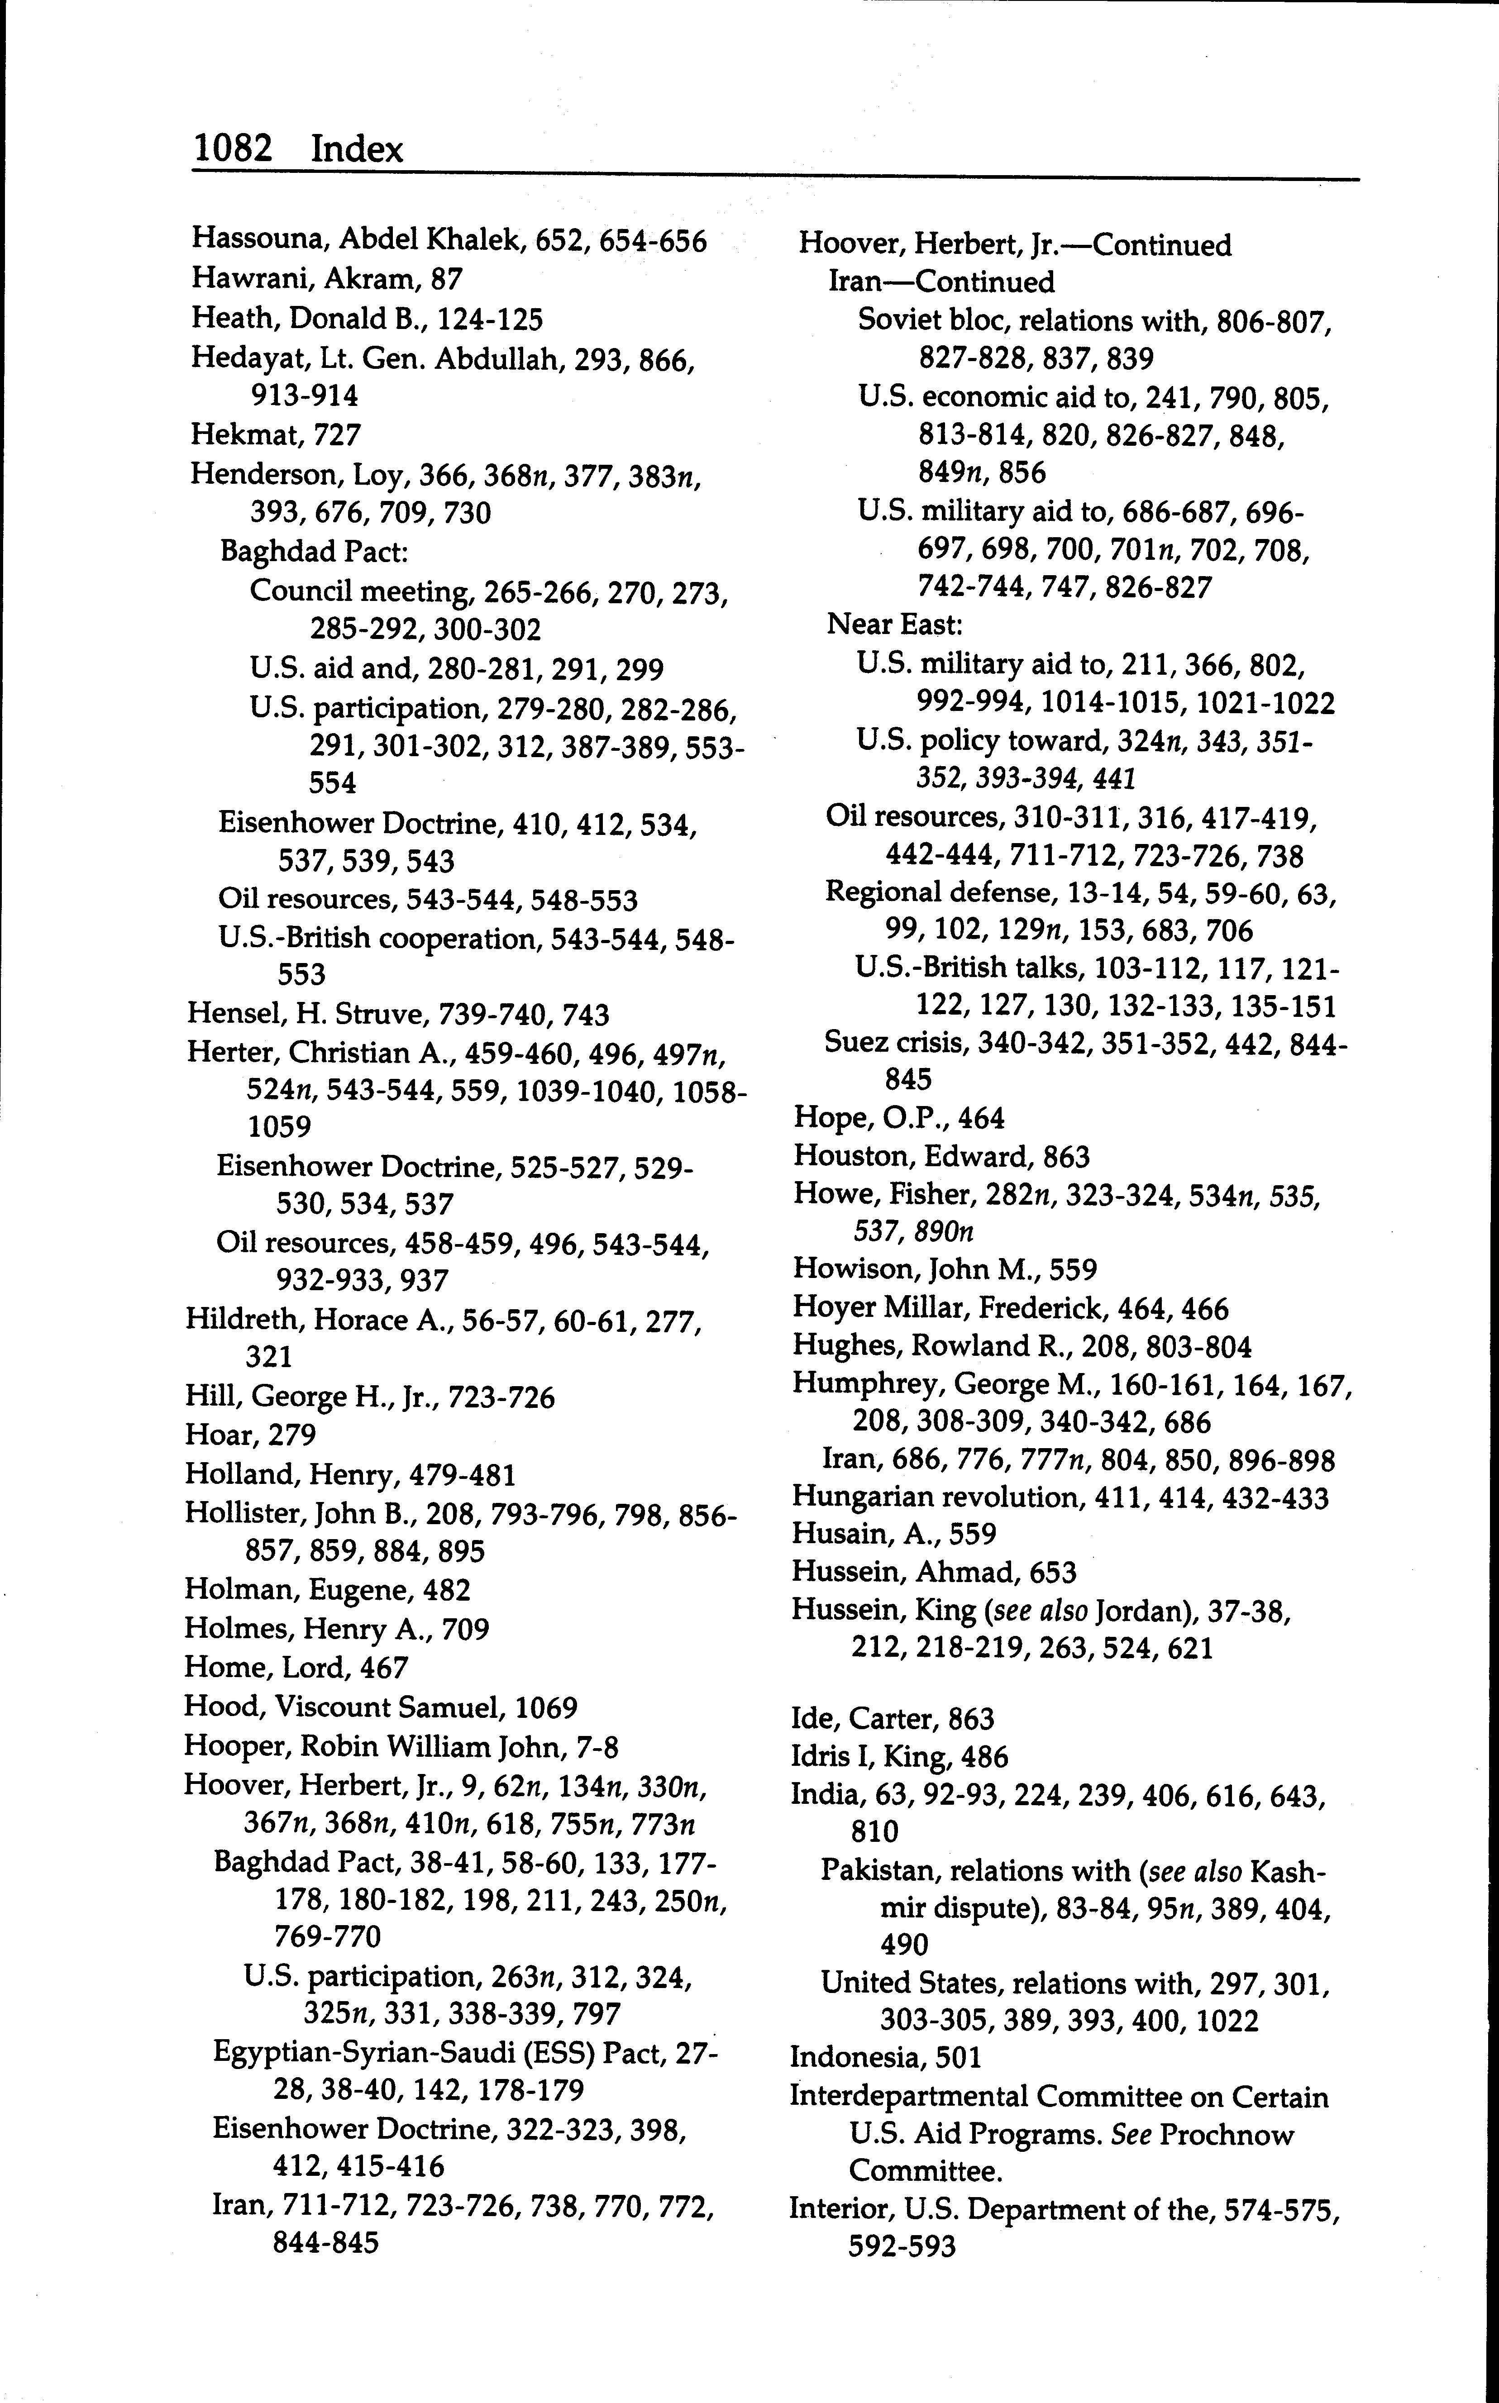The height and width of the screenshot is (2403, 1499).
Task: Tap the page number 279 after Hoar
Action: pyautogui.click(x=292, y=1435)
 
